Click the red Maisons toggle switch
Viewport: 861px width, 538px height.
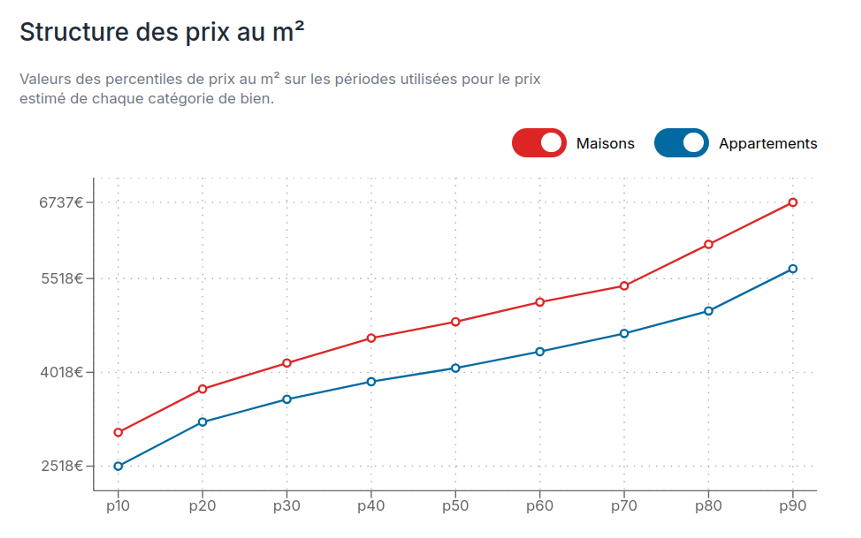[x=539, y=143]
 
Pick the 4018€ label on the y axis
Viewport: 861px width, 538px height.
[x=61, y=372]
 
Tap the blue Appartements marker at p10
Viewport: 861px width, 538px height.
[x=118, y=466]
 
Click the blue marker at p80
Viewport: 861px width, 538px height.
[x=708, y=311]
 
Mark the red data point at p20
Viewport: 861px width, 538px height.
[x=202, y=389]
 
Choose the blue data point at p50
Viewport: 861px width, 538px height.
[x=455, y=368]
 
